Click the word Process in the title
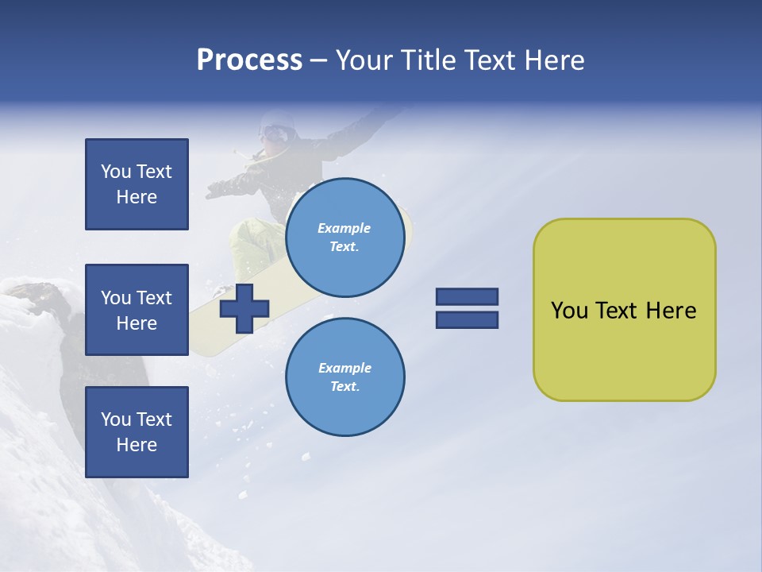[249, 60]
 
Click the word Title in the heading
[429, 60]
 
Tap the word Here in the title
[554, 60]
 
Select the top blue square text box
[137, 184]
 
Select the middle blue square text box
[137, 310]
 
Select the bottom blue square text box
[137, 432]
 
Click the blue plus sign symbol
[244, 307]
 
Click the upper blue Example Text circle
[344, 238]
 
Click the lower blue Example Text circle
[344, 377]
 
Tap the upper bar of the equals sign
[467, 296]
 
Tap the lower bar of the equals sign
[467, 319]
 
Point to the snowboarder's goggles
[275, 133]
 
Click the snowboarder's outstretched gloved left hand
[216, 190]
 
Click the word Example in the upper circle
[344, 228]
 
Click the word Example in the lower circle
[344, 368]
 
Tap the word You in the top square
[115, 172]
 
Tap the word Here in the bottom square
[137, 445]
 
